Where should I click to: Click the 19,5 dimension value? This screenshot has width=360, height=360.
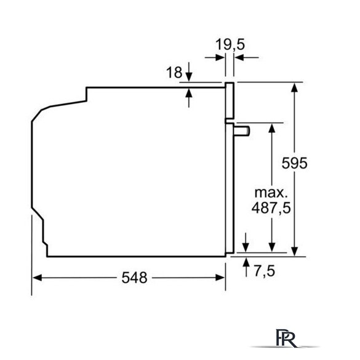point(230,44)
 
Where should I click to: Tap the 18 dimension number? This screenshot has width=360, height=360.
point(174,73)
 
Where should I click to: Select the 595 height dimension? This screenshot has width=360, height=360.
point(294,163)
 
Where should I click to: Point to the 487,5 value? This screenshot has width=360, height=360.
point(271,208)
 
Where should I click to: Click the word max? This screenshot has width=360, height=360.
point(271,193)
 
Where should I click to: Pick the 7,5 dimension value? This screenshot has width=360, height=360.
point(264,271)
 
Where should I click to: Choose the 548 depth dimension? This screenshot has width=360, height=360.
point(134,278)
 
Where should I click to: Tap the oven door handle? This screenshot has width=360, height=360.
point(242,131)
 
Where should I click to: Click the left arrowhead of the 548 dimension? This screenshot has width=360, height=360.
point(37,278)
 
